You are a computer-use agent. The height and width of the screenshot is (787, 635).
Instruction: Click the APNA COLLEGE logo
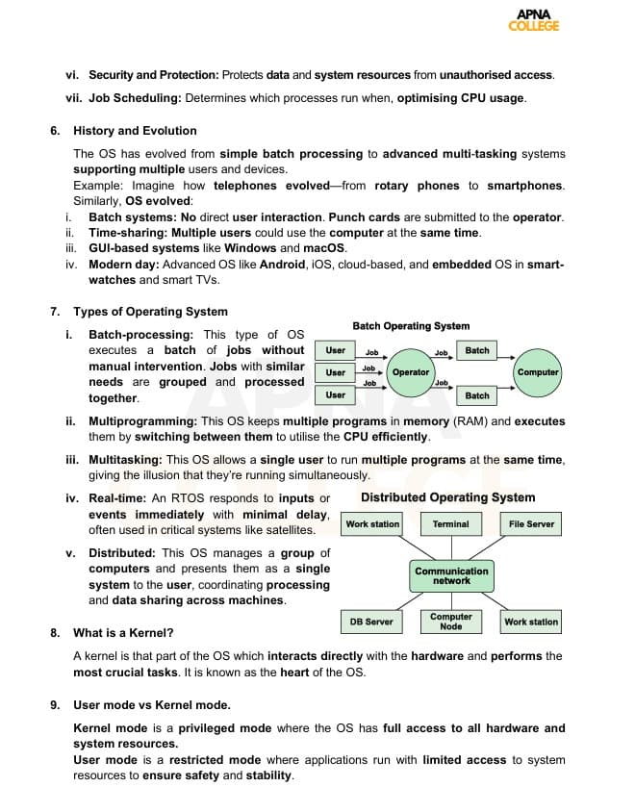[533, 20]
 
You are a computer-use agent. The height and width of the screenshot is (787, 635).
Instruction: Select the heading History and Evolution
[135, 131]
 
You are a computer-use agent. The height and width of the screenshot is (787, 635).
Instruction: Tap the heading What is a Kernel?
[123, 633]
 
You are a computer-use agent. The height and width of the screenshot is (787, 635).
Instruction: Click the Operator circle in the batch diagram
[410, 372]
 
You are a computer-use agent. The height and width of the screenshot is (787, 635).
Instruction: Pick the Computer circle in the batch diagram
[537, 372]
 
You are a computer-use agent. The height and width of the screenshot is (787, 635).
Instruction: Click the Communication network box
[451, 575]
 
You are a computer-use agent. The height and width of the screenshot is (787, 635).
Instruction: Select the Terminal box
[450, 524]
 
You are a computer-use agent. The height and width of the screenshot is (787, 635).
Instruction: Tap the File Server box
[531, 524]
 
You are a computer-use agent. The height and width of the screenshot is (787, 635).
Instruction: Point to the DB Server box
[370, 622]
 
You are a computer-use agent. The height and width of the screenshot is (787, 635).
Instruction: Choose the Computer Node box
[450, 622]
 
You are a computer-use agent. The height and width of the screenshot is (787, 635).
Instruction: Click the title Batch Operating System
[411, 326]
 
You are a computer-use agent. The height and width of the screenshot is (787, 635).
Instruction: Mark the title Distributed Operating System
[447, 497]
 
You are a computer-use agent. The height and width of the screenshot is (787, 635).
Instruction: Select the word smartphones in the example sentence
[525, 186]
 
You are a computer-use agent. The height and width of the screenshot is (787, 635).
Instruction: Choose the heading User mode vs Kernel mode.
[152, 705]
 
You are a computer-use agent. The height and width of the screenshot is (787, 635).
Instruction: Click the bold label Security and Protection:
[154, 74]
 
